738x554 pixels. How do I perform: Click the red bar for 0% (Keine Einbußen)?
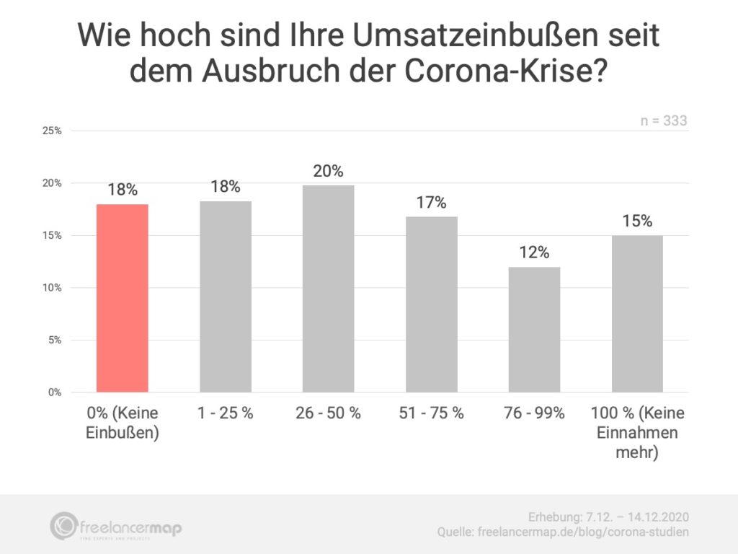[123, 298]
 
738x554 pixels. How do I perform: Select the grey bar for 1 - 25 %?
[226, 296]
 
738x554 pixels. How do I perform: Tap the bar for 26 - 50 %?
[328, 289]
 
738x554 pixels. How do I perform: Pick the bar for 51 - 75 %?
[431, 304]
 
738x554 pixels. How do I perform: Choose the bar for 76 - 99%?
[534, 330]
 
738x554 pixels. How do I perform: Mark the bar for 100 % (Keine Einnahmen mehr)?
[637, 314]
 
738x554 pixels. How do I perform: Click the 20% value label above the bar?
[328, 172]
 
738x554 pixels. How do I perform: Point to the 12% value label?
[534, 252]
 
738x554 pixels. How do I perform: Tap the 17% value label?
[431, 203]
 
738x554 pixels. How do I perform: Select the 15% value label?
[637, 221]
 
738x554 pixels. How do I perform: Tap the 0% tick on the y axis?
[54, 392]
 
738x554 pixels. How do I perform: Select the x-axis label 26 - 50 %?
[328, 414]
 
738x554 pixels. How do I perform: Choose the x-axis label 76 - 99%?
[534, 414]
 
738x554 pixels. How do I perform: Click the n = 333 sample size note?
[664, 121]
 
